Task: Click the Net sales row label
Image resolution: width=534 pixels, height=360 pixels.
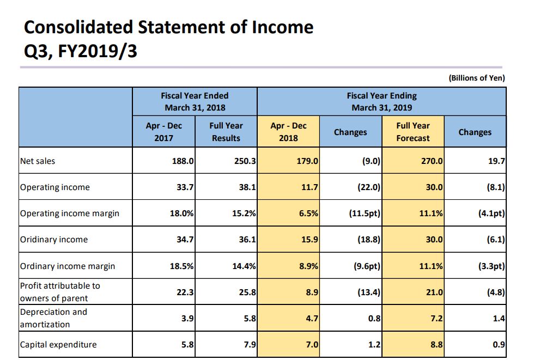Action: click(x=38, y=161)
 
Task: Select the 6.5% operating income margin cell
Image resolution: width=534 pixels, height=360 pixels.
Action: click(x=308, y=213)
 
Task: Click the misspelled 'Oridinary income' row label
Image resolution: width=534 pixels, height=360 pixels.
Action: click(x=54, y=240)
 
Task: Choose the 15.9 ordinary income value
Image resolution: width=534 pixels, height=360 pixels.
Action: click(x=309, y=240)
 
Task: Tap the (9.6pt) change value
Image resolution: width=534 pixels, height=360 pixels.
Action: click(x=365, y=266)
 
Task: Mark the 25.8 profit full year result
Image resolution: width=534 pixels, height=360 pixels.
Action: click(x=247, y=292)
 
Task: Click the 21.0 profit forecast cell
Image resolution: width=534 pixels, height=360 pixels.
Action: click(x=434, y=292)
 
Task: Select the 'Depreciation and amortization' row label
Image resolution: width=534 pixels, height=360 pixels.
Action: click(x=53, y=318)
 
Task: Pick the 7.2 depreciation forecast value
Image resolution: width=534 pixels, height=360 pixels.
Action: click(x=436, y=318)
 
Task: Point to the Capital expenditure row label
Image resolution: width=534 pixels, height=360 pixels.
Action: click(x=58, y=344)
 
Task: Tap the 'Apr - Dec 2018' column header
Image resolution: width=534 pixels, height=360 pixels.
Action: click(x=288, y=132)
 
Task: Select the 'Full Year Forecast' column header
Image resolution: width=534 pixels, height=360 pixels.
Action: click(x=413, y=132)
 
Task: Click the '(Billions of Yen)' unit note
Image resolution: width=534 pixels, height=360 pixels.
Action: click(x=477, y=78)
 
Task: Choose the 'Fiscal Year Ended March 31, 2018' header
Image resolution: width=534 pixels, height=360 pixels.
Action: click(x=195, y=101)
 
